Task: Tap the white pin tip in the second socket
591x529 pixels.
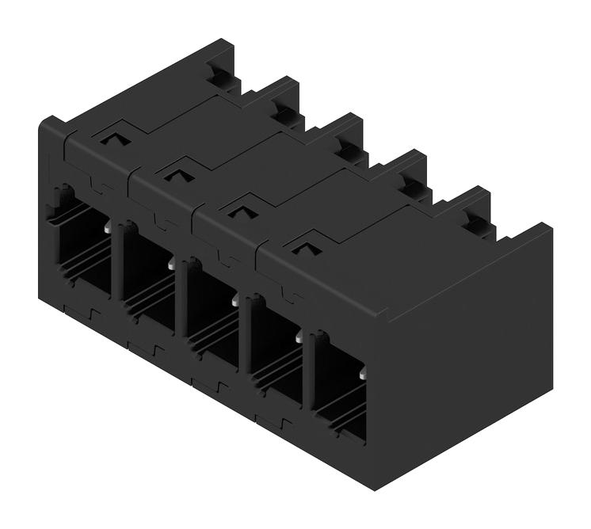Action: tap(171, 264)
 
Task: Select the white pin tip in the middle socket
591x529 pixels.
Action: tap(235, 301)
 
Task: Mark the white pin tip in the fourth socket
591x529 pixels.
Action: tap(299, 337)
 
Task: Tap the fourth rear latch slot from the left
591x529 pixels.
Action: tap(409, 185)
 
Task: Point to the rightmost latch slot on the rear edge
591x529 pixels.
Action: tap(474, 223)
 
